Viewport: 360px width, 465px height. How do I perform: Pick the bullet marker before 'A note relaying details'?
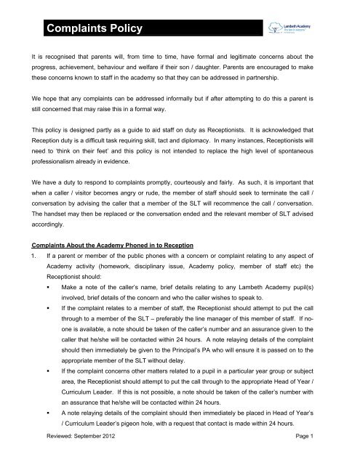[x=45, y=429]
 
